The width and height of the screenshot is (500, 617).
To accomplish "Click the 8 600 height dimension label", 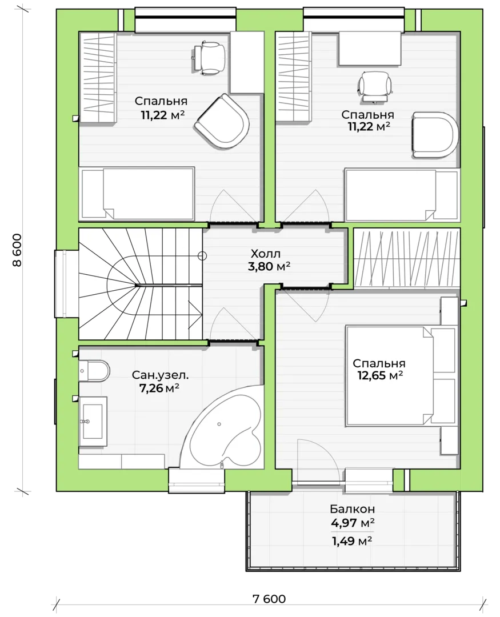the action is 17,250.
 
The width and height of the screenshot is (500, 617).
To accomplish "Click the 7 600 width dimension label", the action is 269,599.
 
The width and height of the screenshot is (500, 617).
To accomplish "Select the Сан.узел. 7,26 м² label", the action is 160,382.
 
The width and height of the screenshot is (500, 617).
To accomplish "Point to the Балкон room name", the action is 353,509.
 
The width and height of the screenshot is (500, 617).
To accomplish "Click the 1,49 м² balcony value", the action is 353,541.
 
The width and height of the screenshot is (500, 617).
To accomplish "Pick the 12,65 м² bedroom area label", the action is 380,375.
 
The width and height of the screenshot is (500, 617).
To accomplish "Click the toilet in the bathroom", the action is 94,371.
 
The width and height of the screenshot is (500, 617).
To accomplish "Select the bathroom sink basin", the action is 93,421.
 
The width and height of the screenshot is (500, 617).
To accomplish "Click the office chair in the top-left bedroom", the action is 210,58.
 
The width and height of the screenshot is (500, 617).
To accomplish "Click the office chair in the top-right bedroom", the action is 375,87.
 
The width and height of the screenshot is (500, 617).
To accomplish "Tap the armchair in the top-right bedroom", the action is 435,134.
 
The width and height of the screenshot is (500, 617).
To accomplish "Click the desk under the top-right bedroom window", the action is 370,49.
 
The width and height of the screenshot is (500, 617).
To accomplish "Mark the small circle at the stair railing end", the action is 202,256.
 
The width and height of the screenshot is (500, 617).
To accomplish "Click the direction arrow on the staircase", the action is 195,314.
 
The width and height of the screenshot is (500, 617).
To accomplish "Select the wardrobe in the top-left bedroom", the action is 98,78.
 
